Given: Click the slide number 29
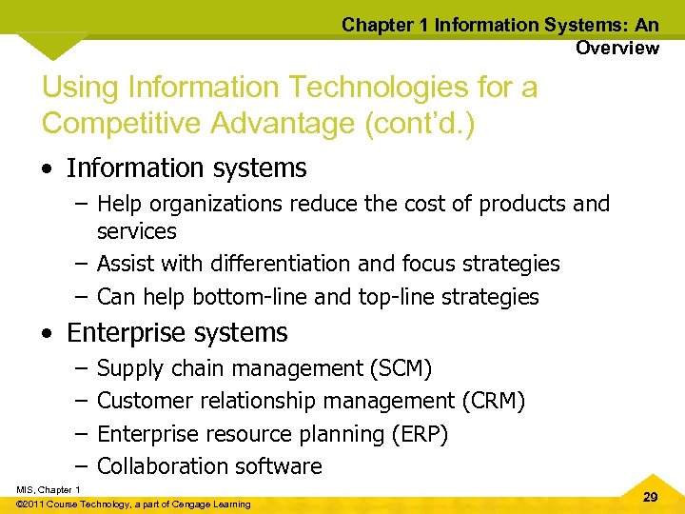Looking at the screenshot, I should pos(650,498).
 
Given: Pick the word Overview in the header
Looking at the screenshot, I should pos(616,48).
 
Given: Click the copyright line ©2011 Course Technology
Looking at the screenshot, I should pos(134,504).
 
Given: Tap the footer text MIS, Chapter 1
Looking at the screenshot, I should pos(48,489).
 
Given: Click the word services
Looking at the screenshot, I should pos(137,231).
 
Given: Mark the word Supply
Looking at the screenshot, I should pos(129,368).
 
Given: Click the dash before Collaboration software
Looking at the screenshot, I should pos(81,466).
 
